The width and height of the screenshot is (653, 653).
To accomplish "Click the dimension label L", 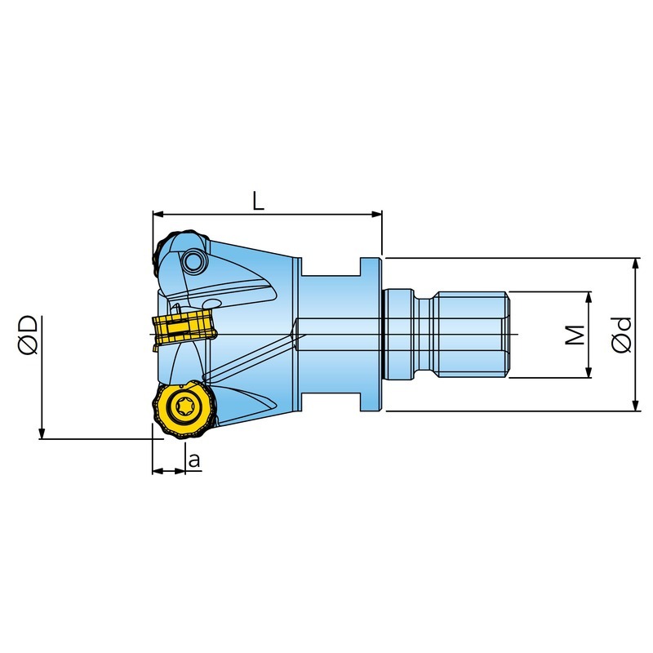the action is tap(258, 201).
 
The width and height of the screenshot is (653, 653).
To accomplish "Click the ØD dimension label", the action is tap(29, 335).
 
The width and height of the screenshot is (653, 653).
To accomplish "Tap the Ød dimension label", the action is tap(622, 335).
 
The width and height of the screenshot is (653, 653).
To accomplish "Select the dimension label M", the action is tap(575, 335).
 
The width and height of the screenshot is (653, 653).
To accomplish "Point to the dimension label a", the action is tap(194, 460).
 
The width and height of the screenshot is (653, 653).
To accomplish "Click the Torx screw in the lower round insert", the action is tap(184, 406).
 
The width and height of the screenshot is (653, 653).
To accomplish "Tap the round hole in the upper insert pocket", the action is tap(193, 262).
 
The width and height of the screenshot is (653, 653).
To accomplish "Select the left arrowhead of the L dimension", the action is tap(158, 215).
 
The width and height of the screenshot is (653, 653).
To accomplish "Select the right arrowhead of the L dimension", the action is tap(377, 215).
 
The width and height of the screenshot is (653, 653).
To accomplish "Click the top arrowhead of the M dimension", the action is tap(589, 296).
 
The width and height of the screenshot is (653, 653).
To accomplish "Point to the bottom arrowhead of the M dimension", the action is tap(589, 373).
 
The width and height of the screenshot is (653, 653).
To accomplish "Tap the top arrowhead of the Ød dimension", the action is tap(636, 263).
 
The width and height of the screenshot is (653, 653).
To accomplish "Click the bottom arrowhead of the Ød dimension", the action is tap(636, 406).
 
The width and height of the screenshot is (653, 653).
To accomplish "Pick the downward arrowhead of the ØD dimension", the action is tap(42, 433).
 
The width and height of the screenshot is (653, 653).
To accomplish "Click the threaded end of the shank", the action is tap(472, 335).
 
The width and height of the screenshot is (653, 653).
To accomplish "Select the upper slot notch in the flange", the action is tap(331, 267).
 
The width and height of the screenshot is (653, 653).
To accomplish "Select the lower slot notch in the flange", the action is tap(331, 402).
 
